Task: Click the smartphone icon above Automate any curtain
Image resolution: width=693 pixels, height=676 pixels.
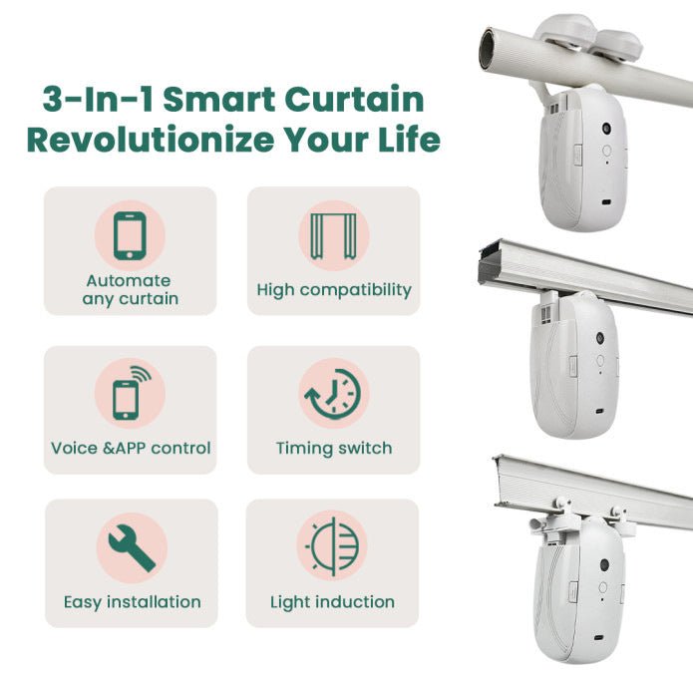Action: (x=130, y=235)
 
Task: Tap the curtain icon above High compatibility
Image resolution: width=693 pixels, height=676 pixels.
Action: (x=333, y=235)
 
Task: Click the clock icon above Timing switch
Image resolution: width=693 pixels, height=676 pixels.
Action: (x=333, y=393)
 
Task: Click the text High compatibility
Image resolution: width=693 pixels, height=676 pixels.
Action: (x=333, y=290)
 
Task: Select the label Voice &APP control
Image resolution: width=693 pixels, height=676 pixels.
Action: (x=131, y=448)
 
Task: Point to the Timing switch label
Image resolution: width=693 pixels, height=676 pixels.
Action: (x=333, y=448)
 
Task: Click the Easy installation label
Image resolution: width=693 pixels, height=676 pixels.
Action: (x=132, y=602)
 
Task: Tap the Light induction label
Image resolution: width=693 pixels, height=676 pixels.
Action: (x=332, y=602)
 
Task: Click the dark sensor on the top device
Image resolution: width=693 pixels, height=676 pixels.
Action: (x=605, y=131)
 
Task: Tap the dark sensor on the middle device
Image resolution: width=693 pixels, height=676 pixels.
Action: (x=601, y=342)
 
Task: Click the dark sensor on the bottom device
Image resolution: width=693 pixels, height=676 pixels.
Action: (x=603, y=565)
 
